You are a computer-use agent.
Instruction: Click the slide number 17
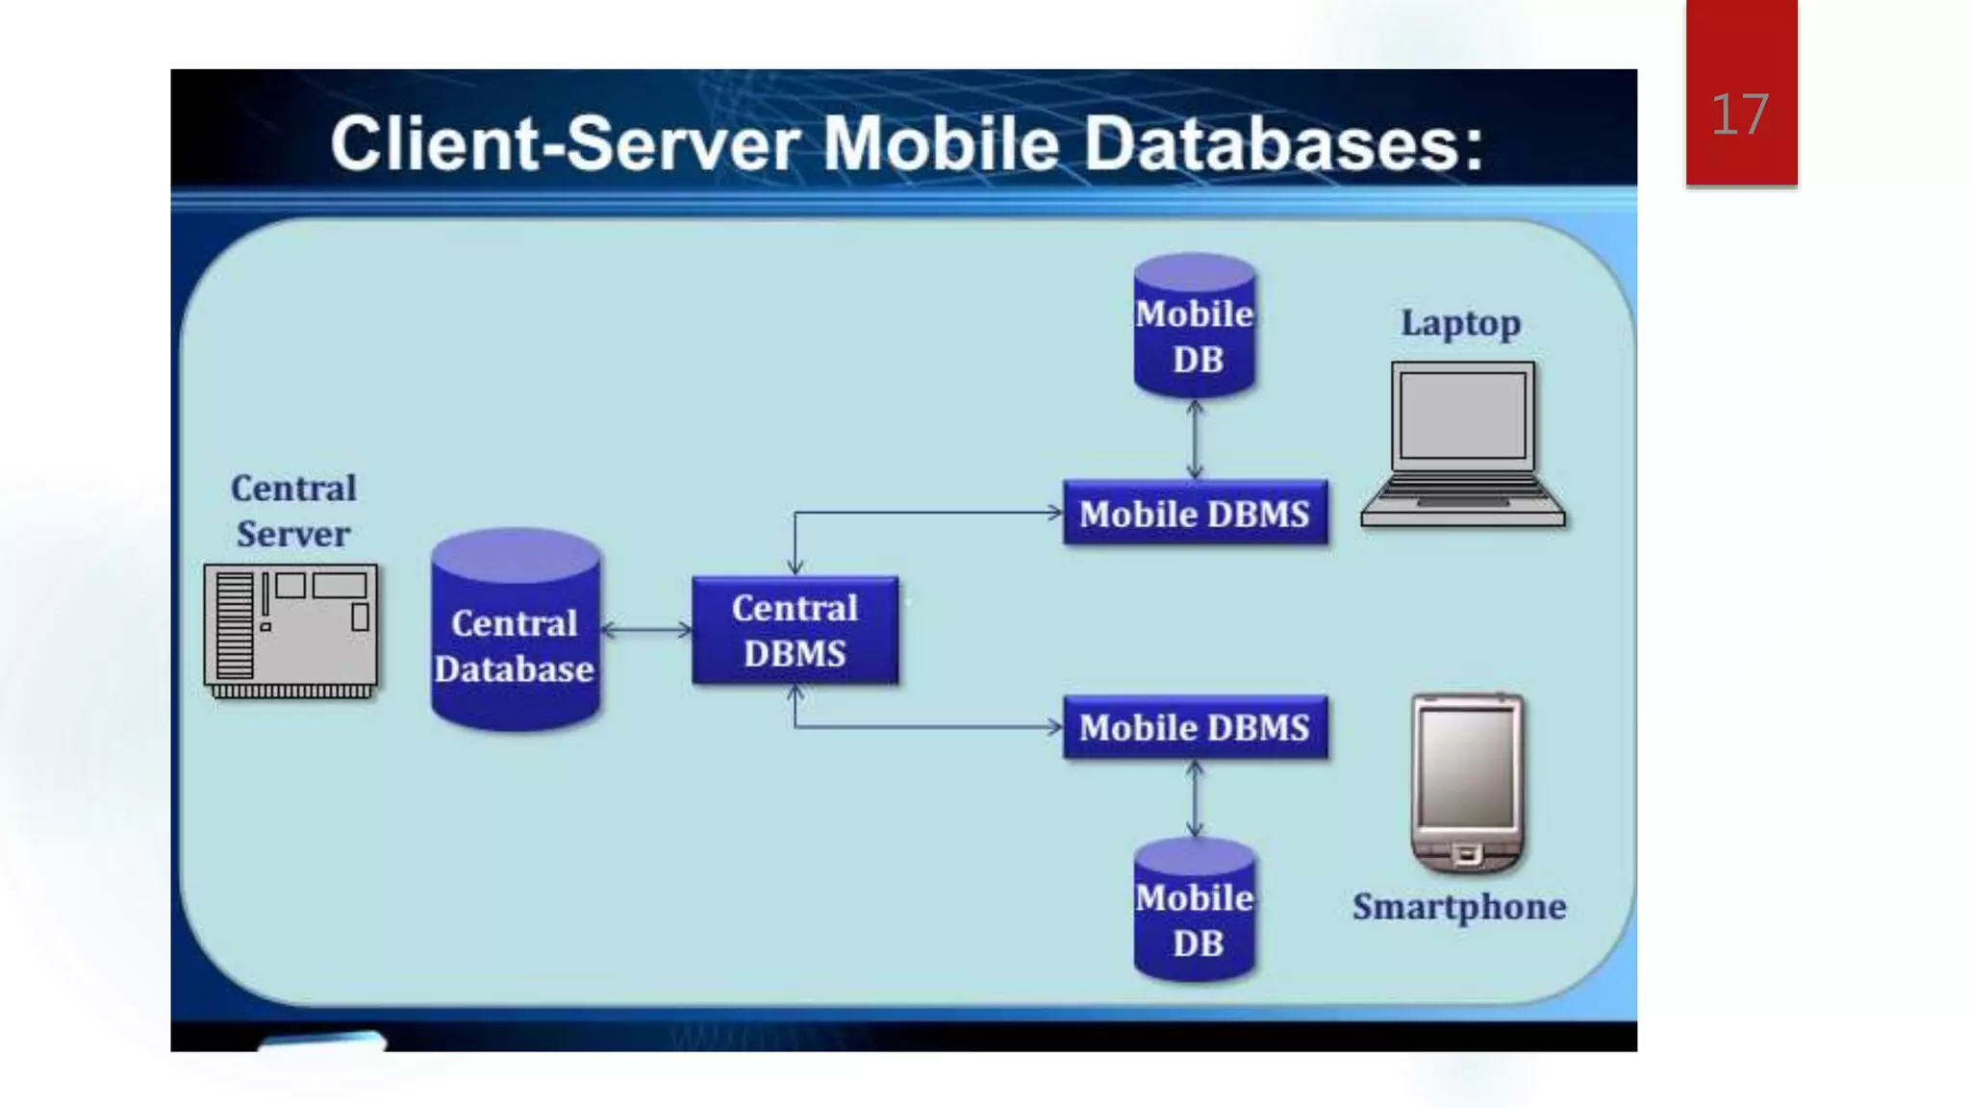point(1739,115)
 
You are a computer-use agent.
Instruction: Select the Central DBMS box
point(795,631)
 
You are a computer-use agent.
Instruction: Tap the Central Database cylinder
point(516,635)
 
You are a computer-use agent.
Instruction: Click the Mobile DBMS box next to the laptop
point(1195,514)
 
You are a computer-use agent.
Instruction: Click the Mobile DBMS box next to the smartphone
point(1195,728)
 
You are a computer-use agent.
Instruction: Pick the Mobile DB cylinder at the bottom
point(1195,914)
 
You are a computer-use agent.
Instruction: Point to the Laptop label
point(1460,323)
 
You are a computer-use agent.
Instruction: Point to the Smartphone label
point(1458,907)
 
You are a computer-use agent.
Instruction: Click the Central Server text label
point(293,511)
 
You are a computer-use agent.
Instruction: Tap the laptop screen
point(1462,415)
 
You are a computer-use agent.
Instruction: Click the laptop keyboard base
point(1462,502)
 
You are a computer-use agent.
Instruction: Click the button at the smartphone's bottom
point(1467,854)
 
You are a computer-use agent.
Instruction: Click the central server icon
point(290,629)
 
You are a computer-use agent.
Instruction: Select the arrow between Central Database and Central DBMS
point(646,631)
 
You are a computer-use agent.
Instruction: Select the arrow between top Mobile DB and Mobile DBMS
point(1195,440)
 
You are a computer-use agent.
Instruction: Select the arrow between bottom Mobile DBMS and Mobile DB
point(1195,799)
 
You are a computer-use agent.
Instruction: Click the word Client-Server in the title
point(565,144)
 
